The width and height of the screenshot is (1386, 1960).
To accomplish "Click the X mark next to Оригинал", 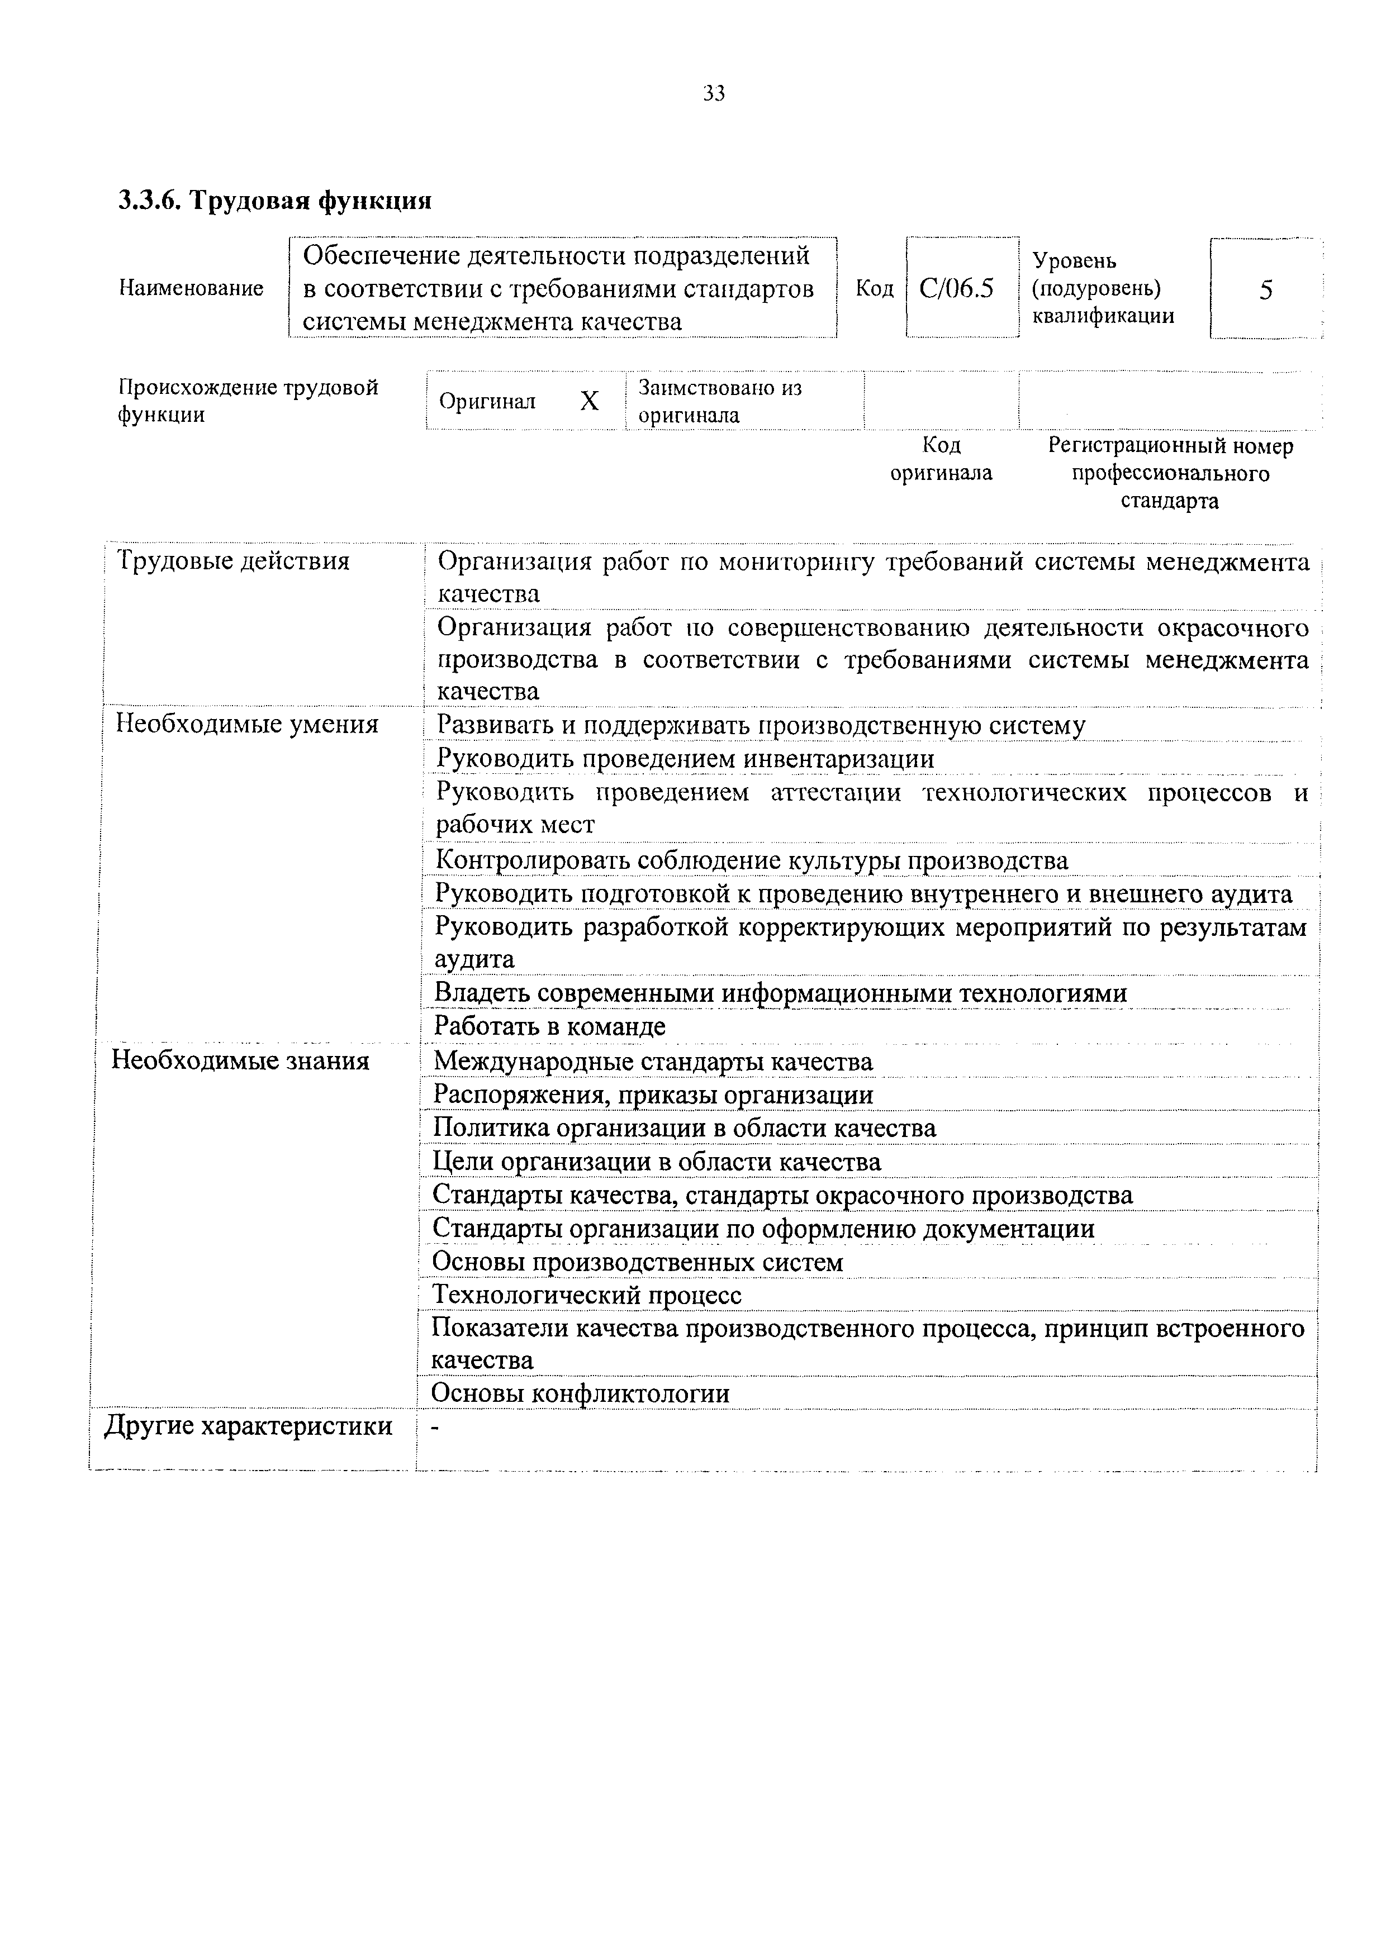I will coord(589,401).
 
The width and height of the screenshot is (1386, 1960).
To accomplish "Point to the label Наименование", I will coord(191,288).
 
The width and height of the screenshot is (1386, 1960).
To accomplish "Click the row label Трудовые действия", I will coord(233,561).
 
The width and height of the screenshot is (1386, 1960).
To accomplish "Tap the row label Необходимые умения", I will coord(247,724).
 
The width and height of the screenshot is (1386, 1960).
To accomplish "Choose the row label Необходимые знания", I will coord(241,1061).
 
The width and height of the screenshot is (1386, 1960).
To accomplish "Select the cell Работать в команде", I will coord(550,1026).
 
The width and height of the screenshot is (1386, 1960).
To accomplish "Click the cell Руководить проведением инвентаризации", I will coord(685,758).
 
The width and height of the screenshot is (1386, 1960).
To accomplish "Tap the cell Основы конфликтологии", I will coord(581,1393).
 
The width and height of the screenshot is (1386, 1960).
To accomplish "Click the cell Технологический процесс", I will coord(587,1295).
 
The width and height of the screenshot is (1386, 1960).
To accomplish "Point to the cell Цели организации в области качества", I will coord(657,1162).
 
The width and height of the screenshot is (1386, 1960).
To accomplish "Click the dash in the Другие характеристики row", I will coord(435,1426).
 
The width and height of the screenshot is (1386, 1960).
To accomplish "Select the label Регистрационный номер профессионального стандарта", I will coord(1170,473).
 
